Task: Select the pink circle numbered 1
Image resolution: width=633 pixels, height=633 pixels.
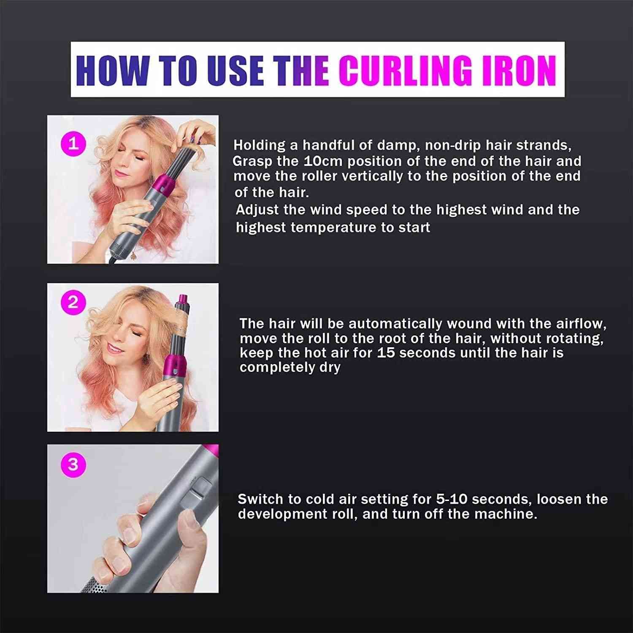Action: [x=73, y=145]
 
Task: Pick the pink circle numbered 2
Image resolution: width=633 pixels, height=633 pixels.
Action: [x=73, y=303]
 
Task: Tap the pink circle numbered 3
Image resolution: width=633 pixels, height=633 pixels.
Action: [x=73, y=464]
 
